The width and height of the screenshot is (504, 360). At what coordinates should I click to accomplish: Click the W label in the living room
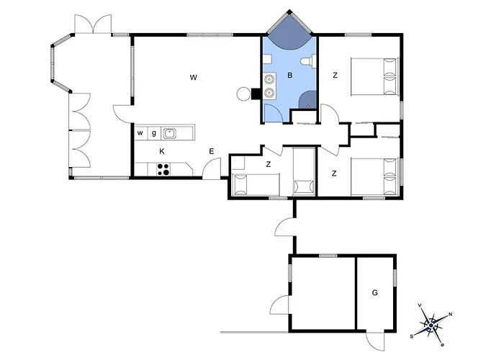pos(193,78)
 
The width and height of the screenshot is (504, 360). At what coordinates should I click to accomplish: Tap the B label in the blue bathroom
pos(290,76)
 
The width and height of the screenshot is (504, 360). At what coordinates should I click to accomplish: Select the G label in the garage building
pos(375,293)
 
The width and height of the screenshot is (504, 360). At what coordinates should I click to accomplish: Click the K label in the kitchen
pos(162,151)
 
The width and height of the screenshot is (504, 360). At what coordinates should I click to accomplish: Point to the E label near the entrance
pos(212,151)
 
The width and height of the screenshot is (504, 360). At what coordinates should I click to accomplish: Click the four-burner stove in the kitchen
pos(163,169)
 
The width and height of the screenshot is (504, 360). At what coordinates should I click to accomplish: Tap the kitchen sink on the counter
pos(169,133)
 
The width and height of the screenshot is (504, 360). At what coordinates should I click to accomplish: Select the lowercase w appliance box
pos(140,133)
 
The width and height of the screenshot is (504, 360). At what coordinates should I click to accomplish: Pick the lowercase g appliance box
pos(154,133)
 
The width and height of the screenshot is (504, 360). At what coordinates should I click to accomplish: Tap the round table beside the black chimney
pos(243,94)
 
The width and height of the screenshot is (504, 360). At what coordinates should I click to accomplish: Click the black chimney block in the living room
pos(256,94)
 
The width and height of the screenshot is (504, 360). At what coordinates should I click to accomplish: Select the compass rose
pos(431,325)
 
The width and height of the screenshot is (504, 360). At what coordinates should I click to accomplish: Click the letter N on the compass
pos(450,314)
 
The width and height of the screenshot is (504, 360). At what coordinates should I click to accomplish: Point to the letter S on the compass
pos(411,336)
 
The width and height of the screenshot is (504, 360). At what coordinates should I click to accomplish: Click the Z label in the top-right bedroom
pos(335,76)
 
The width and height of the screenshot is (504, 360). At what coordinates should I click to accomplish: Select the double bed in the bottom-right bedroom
pos(375,176)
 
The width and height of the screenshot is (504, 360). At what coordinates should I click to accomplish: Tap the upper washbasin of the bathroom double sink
pos(269,78)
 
